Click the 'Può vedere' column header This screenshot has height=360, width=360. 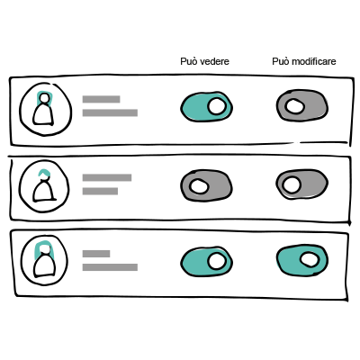(204, 61)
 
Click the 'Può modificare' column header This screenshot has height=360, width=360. (304, 61)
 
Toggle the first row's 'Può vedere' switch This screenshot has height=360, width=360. (207, 107)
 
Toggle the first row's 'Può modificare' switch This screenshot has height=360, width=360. (302, 105)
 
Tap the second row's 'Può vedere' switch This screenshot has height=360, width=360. (206, 185)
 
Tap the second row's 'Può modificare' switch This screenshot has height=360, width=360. (301, 184)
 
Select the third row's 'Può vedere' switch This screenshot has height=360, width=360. (207, 262)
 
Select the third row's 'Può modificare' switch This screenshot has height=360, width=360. (302, 260)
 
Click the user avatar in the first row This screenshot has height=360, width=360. (46, 109)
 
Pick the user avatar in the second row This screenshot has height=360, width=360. (44, 186)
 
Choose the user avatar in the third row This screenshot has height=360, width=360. (44, 260)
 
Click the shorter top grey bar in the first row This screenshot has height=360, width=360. (102, 99)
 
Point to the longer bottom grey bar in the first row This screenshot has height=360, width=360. (110, 112)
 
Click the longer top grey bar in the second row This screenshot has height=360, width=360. (107, 177)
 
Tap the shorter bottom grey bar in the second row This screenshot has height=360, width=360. (100, 191)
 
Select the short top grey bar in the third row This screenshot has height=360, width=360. (96, 254)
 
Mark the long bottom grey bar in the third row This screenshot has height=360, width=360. (110, 267)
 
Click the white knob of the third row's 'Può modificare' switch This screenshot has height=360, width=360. (310, 259)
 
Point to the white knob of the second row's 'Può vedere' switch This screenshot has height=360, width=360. (199, 186)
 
